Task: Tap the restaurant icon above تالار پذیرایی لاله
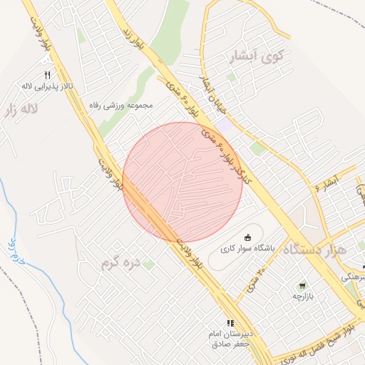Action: click(x=47, y=74)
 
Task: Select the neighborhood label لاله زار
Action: click(x=20, y=109)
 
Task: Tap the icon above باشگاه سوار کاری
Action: click(x=247, y=237)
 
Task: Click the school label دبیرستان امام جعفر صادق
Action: click(x=230, y=339)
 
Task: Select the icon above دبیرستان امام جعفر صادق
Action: click(x=230, y=323)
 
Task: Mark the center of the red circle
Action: click(x=182, y=182)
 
